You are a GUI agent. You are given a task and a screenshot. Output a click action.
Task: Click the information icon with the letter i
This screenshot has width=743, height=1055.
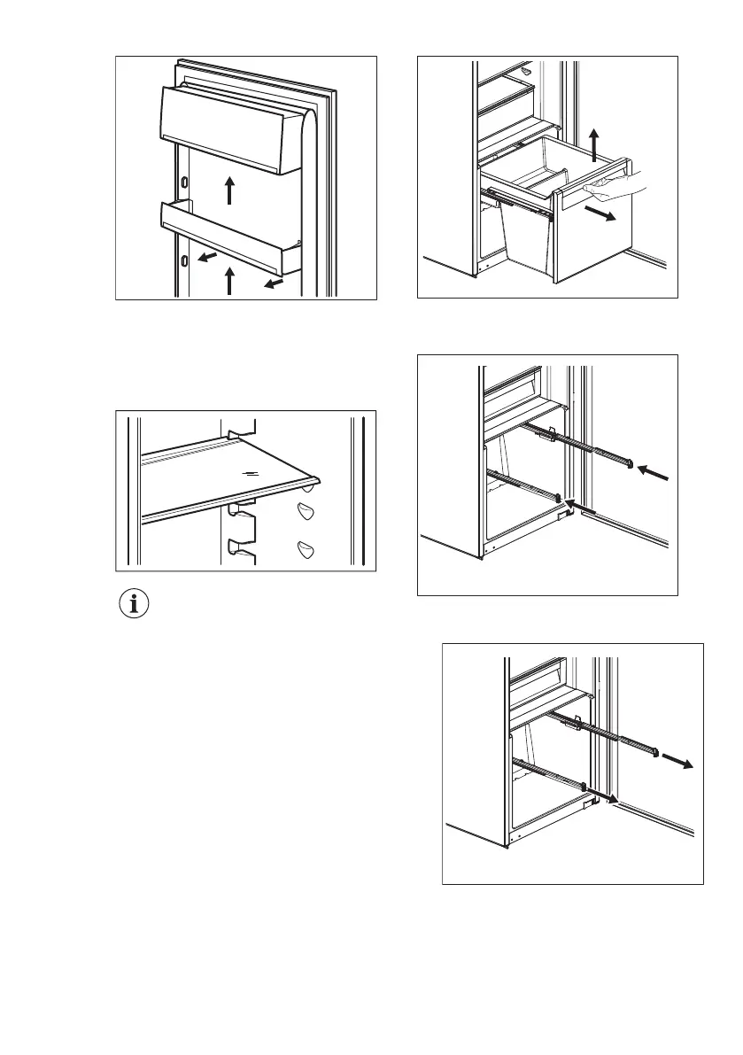point(135,605)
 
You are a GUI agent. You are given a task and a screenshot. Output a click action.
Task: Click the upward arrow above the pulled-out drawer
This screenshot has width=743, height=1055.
point(595,141)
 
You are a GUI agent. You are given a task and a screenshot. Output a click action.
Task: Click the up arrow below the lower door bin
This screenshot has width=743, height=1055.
point(229,281)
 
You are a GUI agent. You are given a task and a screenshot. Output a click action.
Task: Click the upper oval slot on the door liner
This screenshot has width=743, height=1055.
point(184,181)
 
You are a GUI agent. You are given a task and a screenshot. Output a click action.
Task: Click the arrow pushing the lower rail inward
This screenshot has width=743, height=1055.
point(578,505)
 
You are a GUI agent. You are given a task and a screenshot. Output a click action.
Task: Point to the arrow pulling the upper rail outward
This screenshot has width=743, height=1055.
point(680,762)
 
